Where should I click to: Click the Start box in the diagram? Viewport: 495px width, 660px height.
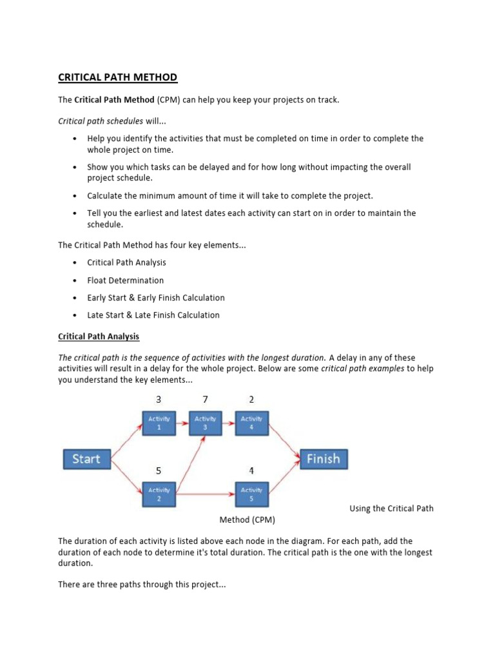86,459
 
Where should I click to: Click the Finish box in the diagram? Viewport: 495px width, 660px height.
323,459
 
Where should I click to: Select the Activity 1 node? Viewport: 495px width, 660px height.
159,423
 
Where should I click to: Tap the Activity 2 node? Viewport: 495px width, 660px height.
159,494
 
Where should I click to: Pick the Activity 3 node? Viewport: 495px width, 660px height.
205,423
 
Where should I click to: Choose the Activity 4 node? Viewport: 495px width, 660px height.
251,423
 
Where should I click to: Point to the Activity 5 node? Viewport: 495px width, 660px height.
251,494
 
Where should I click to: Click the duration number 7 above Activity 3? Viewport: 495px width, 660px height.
205,400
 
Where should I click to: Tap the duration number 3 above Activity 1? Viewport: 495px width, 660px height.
159,400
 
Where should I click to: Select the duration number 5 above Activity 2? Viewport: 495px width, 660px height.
159,471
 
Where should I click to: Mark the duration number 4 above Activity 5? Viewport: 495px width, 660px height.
251,471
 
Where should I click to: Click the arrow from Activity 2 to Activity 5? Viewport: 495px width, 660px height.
205,494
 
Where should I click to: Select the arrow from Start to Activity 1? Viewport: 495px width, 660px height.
126,442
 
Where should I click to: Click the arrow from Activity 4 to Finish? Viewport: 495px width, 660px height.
284,440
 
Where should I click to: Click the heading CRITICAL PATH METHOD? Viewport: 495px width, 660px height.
117,78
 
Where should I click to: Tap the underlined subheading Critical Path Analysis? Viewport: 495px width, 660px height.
99,336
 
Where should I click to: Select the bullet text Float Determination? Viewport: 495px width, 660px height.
126,280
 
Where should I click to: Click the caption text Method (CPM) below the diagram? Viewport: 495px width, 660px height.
247,519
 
